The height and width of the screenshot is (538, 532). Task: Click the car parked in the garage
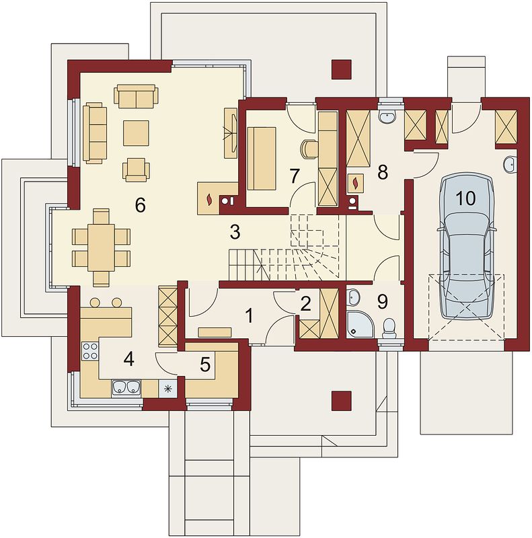467,247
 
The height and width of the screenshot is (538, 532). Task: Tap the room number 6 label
141,205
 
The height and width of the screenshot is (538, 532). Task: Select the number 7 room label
295,176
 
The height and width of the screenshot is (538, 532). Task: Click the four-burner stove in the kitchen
90,351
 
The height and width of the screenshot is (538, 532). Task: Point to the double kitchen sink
126,387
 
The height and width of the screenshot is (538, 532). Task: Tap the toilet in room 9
389,328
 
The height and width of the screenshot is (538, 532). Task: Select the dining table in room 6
102,247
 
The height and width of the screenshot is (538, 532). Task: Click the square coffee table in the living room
137,132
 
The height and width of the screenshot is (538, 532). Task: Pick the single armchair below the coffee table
136,169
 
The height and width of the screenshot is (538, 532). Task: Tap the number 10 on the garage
466,198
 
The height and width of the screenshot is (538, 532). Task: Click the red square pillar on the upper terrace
342,69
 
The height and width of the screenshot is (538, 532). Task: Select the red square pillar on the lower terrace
342,401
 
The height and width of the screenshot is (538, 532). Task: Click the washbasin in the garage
510,164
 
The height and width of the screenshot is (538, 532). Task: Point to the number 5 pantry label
205,364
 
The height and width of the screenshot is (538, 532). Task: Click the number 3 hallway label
235,232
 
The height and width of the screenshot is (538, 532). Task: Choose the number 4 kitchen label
128,359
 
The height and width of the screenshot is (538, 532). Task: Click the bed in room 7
262,158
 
